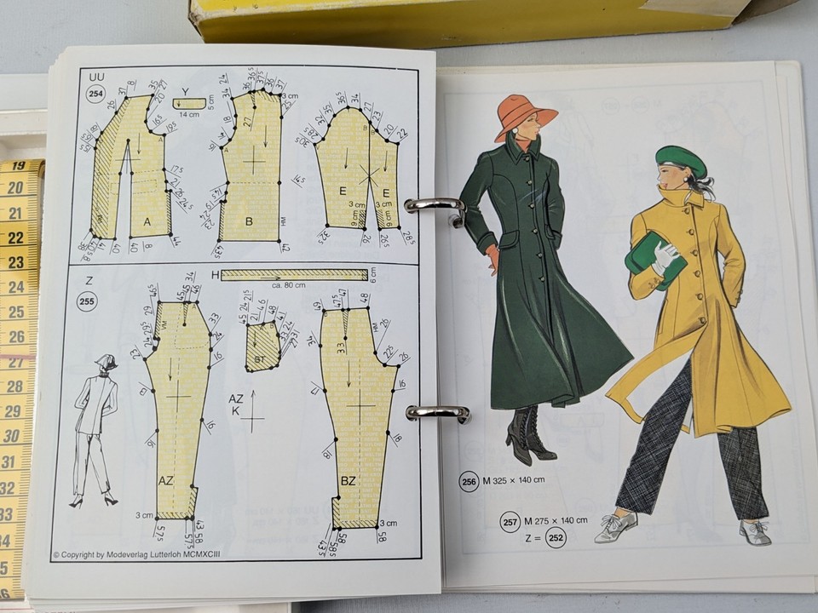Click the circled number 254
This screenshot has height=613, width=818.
point(97,95)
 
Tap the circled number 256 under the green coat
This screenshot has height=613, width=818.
point(469,481)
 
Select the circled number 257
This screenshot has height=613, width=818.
point(510,521)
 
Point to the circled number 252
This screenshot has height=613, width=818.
point(556,538)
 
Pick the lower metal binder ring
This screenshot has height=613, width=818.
point(437,413)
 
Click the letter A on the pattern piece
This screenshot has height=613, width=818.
point(147,222)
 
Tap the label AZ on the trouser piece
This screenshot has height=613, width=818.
point(166,480)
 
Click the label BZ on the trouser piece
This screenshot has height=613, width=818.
point(349,480)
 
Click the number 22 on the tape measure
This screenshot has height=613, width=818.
point(16,238)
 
